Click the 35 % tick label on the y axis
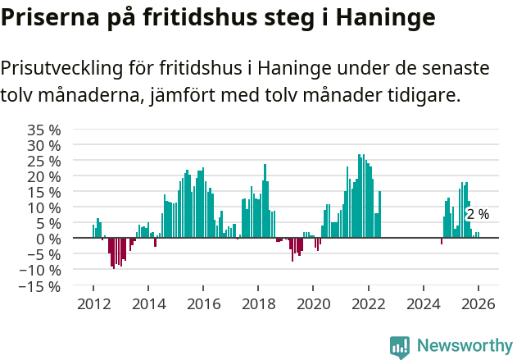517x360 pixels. pos(44,130)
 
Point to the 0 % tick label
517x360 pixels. pos(49,239)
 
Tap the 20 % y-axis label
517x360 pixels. pos(44,176)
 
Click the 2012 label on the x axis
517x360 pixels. pos(93,303)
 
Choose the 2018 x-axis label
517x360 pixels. pos(258,303)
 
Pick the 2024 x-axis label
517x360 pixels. pos(423,303)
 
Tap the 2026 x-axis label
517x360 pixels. pos(478,303)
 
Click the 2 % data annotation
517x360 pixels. pos(478,214)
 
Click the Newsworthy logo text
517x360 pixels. pos(464,345)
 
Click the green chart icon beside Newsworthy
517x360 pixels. pos(400,347)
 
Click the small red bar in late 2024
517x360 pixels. pos(442,241)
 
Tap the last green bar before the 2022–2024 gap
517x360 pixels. pos(380,214)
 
